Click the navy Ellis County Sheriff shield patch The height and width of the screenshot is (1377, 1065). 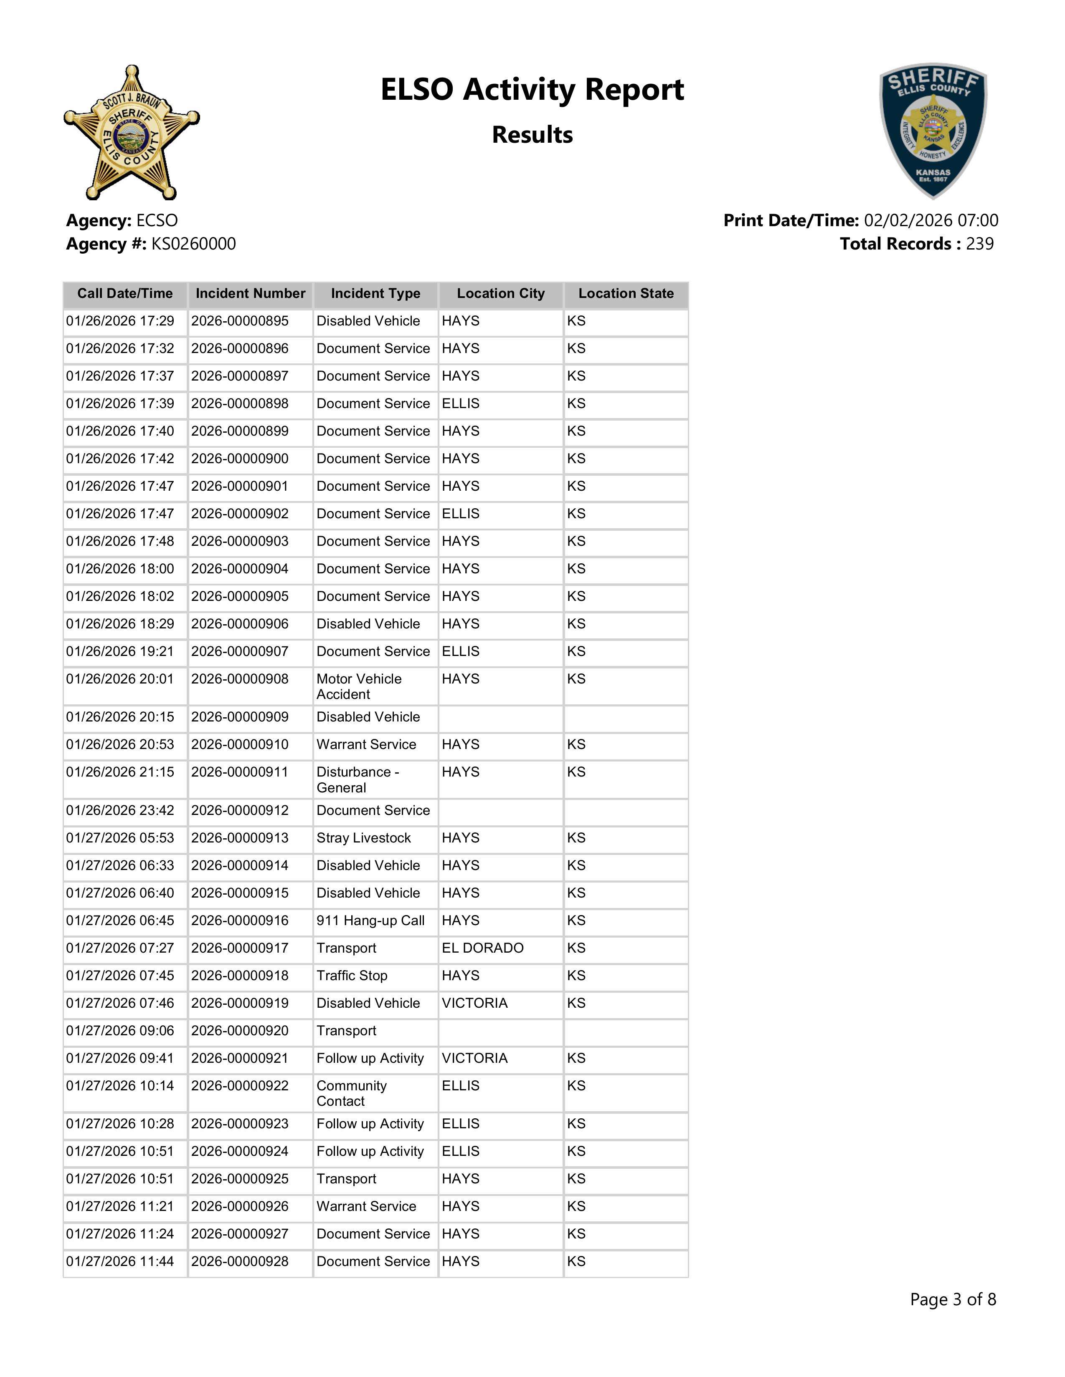tap(933, 131)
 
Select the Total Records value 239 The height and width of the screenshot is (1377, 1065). tap(979, 244)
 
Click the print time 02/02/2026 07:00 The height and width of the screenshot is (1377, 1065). tap(931, 221)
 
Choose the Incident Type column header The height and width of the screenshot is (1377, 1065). tap(375, 294)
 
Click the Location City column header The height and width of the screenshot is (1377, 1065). tap(500, 294)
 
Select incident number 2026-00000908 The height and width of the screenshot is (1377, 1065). tap(240, 679)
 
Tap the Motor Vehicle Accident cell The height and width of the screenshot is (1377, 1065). tap(359, 686)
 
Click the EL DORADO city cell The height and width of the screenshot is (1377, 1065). tap(483, 948)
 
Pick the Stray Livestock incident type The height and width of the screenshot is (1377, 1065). tap(363, 838)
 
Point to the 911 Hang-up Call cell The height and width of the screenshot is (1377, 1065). tap(370, 921)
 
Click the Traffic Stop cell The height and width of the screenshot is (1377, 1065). tap(352, 976)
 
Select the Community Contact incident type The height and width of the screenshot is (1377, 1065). tap(351, 1093)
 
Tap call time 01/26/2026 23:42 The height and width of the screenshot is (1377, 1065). tap(120, 811)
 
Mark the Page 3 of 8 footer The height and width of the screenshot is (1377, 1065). tap(953, 1299)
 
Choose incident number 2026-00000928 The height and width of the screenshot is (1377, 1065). tap(240, 1261)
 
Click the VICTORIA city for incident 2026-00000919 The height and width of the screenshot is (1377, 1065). tap(474, 1003)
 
